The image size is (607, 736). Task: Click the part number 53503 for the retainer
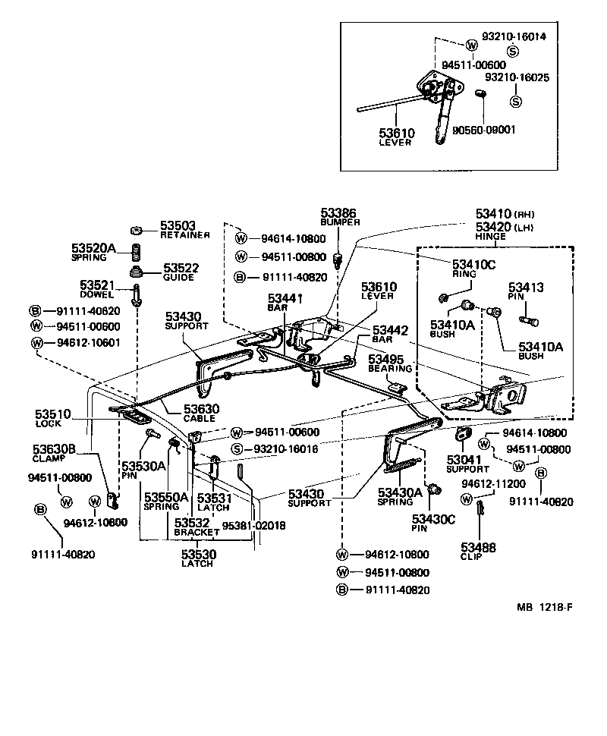pyautogui.click(x=177, y=226)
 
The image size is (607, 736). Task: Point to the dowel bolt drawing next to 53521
pyautogui.click(x=137, y=294)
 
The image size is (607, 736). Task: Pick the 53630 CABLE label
pyautogui.click(x=201, y=413)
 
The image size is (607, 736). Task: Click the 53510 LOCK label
pyautogui.click(x=52, y=419)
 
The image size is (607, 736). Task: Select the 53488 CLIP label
pyautogui.click(x=478, y=550)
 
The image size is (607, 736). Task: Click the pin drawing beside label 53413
pyautogui.click(x=529, y=318)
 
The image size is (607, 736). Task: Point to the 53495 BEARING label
pyautogui.click(x=390, y=363)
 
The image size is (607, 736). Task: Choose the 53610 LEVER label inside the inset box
pyautogui.click(x=397, y=137)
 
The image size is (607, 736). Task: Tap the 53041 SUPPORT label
pyautogui.click(x=465, y=464)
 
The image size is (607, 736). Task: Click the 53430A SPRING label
pyautogui.click(x=400, y=496)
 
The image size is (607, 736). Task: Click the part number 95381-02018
pyautogui.click(x=253, y=524)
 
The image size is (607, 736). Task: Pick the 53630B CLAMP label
pyautogui.click(x=53, y=453)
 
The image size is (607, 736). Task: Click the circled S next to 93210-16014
pyautogui.click(x=513, y=51)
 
